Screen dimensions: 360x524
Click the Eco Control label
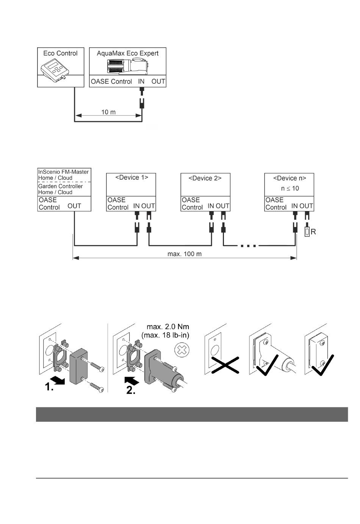coord(60,53)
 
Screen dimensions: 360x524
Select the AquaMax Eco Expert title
coord(128,53)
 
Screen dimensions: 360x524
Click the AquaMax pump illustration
coord(128,67)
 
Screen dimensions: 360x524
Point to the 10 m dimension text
coord(108,112)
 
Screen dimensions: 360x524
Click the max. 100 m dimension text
coord(185,254)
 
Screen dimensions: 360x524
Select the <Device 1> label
coord(132,177)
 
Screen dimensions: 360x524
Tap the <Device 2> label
coord(205,178)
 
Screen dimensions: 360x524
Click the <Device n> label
coord(290,178)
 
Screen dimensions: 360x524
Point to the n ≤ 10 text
coord(290,188)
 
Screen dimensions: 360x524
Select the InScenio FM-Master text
coord(63,172)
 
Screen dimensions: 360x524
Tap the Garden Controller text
coord(61,186)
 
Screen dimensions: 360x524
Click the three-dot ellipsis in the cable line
coord(248,246)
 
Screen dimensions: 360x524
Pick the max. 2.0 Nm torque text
coord(168,327)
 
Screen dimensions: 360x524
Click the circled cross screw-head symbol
coord(182,350)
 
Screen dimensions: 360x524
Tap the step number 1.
coord(49,387)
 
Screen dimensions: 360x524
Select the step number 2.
coord(131,390)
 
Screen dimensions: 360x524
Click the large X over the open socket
coord(225,365)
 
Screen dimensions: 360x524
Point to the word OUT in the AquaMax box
coord(158,81)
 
